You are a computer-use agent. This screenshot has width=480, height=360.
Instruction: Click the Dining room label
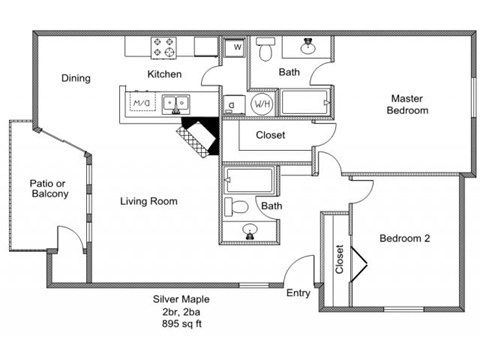pyautogui.click(x=76, y=78)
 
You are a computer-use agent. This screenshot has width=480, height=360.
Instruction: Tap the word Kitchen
pyautogui.click(x=164, y=75)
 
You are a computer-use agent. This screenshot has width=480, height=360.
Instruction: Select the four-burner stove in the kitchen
pyautogui.click(x=163, y=47)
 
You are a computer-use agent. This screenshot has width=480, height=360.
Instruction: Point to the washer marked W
pyautogui.click(x=236, y=47)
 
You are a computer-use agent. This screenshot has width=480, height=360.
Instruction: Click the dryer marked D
pyautogui.click(x=230, y=103)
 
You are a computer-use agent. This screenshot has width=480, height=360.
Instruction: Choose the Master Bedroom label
pyautogui.click(x=408, y=104)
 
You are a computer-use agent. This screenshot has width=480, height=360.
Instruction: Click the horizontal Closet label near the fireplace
pyautogui.click(x=271, y=134)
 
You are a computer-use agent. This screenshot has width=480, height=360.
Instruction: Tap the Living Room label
pyautogui.click(x=149, y=201)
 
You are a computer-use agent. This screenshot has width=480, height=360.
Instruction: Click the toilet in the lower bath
pyautogui.click(x=237, y=208)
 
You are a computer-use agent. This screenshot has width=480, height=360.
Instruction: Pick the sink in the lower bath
pyautogui.click(x=250, y=232)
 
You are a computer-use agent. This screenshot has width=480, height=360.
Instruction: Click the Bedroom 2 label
pyautogui.click(x=405, y=238)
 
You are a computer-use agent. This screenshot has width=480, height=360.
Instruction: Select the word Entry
pyautogui.click(x=298, y=293)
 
